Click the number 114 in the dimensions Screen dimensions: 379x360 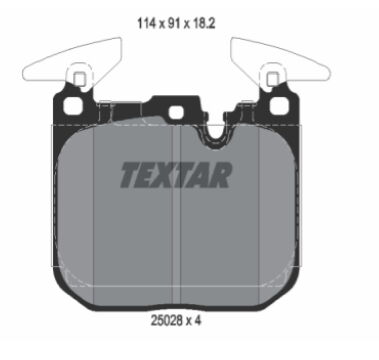[x=146, y=24]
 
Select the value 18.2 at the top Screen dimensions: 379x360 [x=203, y=24]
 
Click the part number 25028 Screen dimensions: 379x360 [x=166, y=321]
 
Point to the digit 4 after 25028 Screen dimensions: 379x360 [x=198, y=321]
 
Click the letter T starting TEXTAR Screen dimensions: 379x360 [x=130, y=175]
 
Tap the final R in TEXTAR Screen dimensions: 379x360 [x=220, y=175]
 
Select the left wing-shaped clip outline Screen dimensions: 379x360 [x=72, y=63]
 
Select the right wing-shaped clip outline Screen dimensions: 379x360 [x=281, y=63]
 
